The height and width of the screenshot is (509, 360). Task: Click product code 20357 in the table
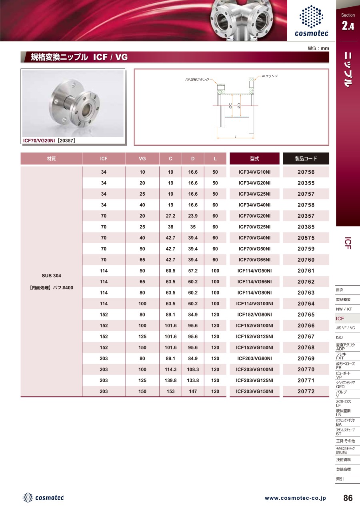point(306,216)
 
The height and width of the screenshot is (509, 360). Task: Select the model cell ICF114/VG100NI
point(254,304)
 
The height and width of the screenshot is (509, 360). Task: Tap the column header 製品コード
point(306,158)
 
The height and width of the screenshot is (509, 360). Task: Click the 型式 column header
point(254,158)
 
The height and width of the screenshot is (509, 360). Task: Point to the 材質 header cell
point(51,158)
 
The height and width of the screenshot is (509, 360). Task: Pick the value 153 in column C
point(170,391)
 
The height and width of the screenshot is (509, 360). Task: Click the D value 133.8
point(193,381)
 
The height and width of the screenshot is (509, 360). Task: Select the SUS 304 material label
point(52,276)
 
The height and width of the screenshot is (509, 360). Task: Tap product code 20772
point(306,391)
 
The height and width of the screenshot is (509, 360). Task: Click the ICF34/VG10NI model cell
point(254,172)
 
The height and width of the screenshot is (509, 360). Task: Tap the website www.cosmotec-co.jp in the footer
point(295,498)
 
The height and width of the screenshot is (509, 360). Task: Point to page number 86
point(348,498)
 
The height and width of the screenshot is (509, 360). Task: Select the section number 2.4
point(348,26)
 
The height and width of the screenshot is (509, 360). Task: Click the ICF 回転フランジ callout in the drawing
point(197,80)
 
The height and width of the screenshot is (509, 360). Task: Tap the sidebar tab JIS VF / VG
point(345,328)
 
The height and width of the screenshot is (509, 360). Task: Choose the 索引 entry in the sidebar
point(340,479)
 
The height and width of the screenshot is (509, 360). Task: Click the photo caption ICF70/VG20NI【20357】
point(49,141)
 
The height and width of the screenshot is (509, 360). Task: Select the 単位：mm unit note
point(318,48)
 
